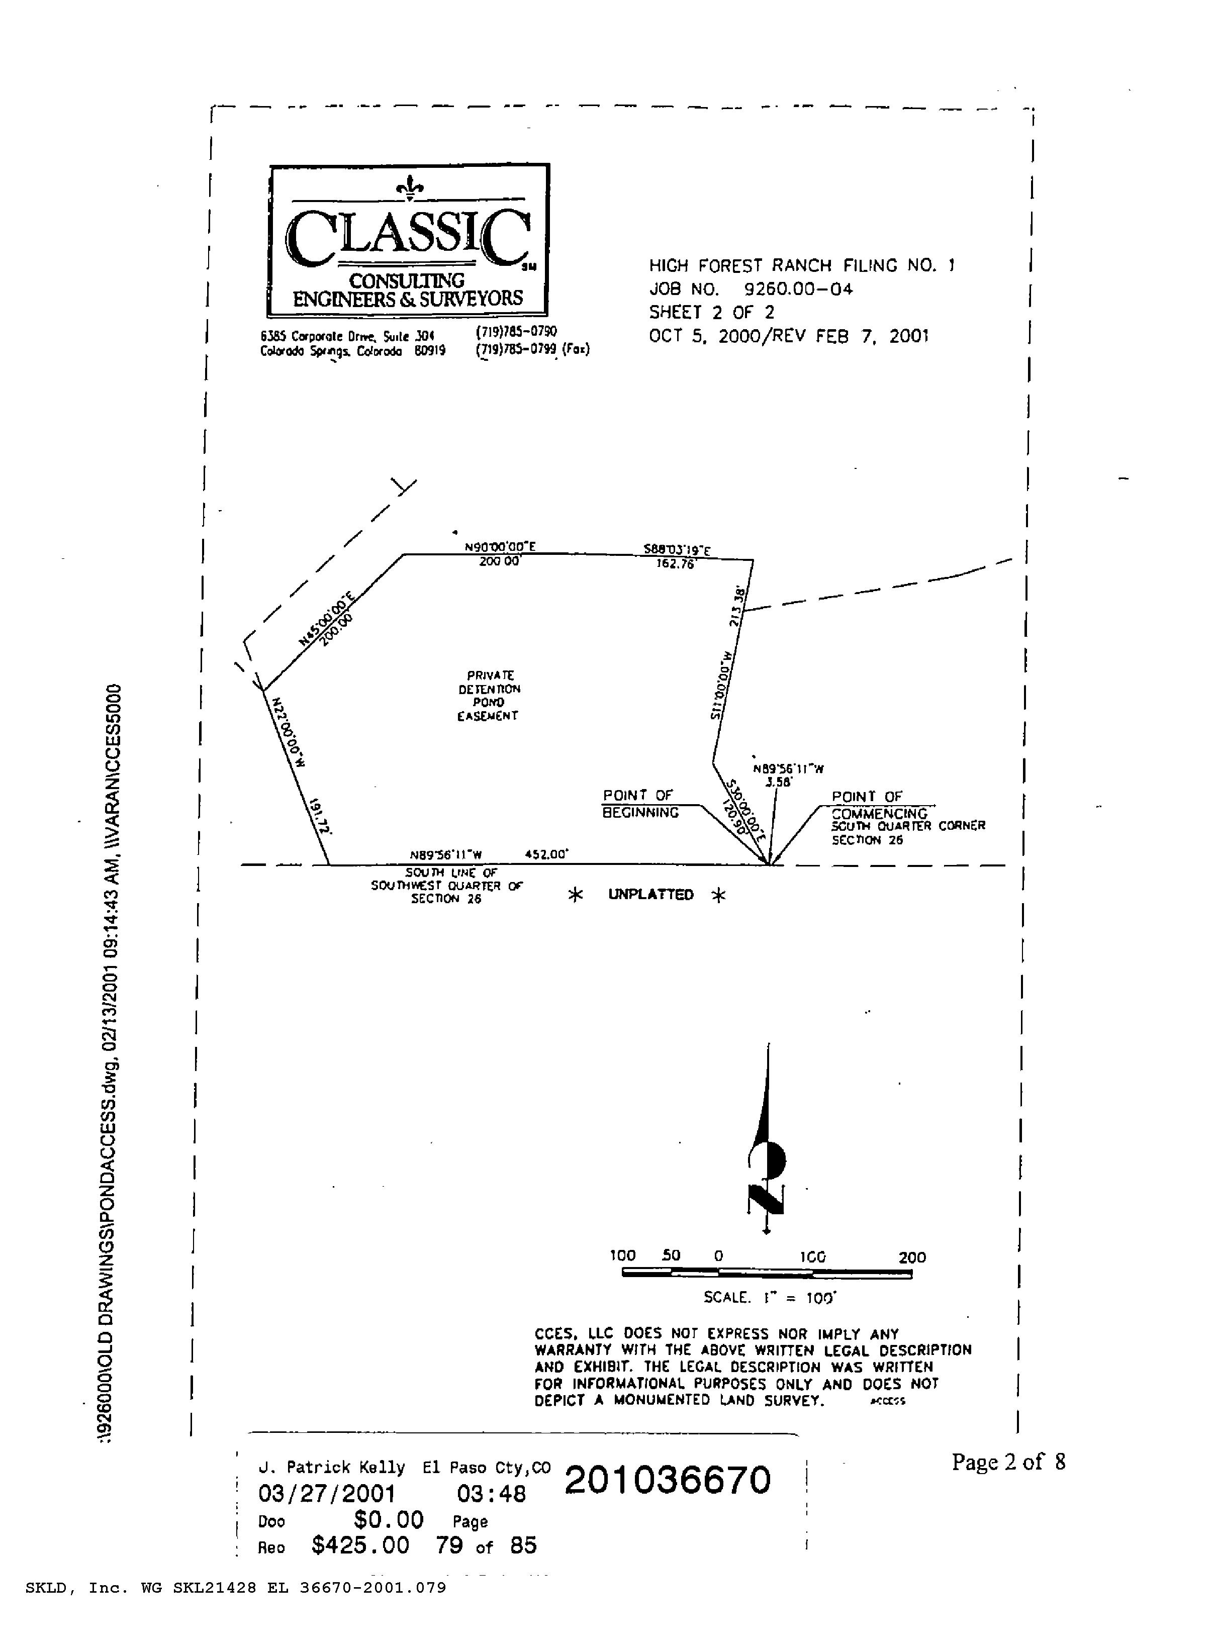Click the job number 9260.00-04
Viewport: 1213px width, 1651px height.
(798, 289)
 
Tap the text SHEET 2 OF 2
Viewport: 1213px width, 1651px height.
(711, 313)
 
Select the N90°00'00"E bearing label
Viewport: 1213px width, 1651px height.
(500, 547)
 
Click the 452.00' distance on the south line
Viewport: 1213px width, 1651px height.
(547, 854)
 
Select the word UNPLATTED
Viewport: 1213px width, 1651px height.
(650, 895)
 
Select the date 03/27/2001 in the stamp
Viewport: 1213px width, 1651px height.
(327, 1494)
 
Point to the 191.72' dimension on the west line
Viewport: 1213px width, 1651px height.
(321, 816)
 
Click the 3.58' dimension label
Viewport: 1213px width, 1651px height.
(778, 783)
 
